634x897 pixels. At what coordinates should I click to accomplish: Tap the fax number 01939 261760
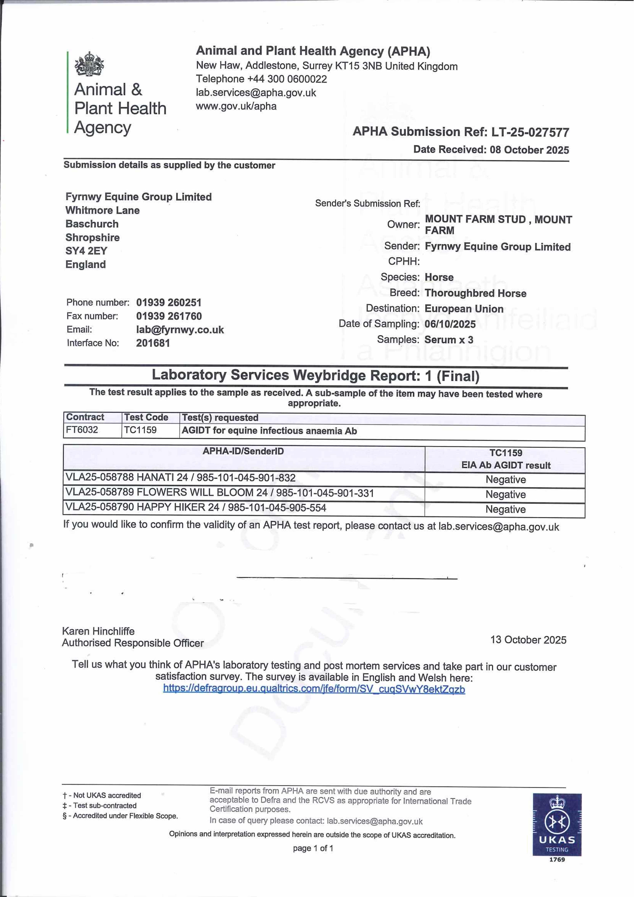point(169,316)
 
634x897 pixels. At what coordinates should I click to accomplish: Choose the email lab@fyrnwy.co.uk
point(180,330)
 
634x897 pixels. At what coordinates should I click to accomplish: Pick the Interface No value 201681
point(153,343)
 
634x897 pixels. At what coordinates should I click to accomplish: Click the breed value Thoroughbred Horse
point(475,293)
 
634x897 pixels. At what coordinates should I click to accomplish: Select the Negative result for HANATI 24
point(505,480)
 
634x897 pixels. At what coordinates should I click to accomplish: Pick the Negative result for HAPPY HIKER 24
point(505,509)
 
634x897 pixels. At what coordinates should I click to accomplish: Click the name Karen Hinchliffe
point(98,631)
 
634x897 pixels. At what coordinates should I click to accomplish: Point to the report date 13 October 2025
point(528,640)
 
